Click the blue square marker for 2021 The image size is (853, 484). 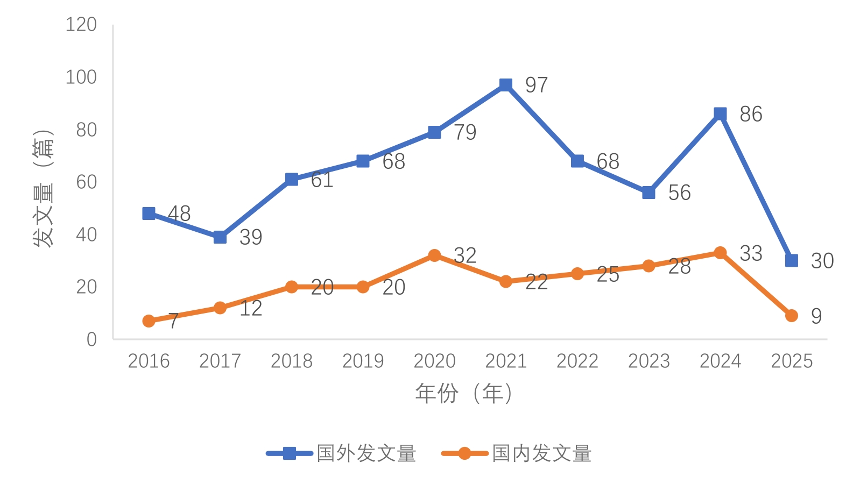tap(505, 85)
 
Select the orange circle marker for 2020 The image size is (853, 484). tap(434, 255)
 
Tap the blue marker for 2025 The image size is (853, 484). tap(791, 261)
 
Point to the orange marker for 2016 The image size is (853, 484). tap(149, 321)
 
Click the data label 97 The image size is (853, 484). tap(536, 85)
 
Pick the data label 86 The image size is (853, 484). tap(751, 114)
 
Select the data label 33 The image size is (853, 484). tap(751, 253)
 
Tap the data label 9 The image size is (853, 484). tap(816, 316)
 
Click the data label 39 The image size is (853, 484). tap(251, 237)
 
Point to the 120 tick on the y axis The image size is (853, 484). tap(81, 25)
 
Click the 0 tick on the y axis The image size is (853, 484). tap(91, 339)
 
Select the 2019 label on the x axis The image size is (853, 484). tap(363, 361)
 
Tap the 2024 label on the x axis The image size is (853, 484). tap(720, 361)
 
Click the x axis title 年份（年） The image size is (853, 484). tap(463, 394)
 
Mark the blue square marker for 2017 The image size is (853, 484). tap(220, 237)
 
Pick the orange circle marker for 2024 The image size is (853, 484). tap(720, 253)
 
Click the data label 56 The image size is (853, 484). tap(679, 193)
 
